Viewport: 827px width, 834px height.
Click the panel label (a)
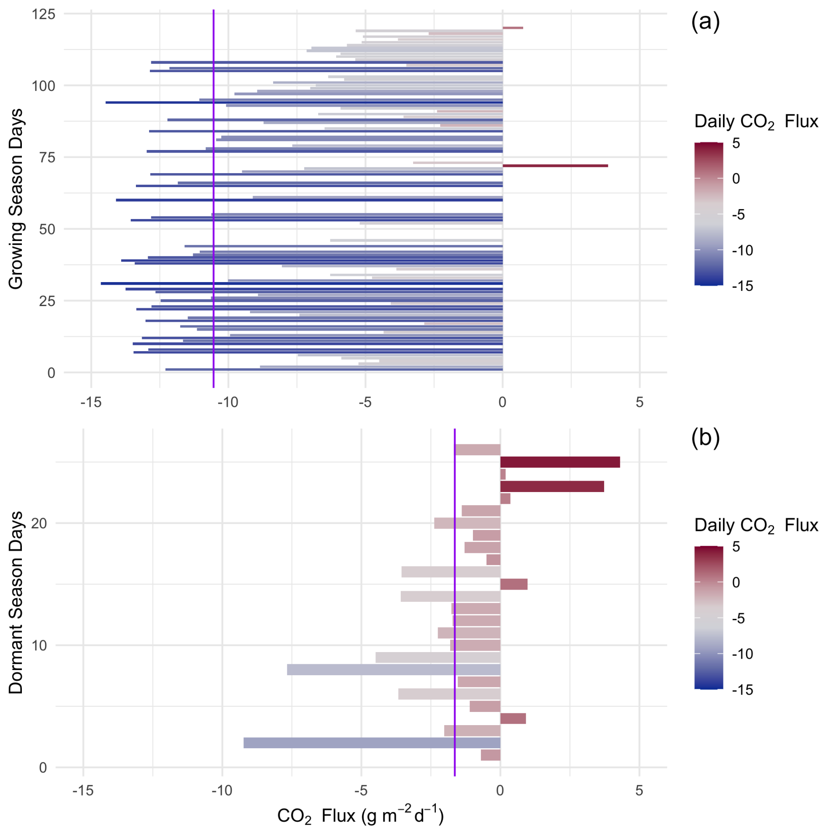[x=705, y=22]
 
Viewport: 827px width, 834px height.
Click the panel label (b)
[x=705, y=437]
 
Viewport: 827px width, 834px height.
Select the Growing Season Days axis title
[x=16, y=199]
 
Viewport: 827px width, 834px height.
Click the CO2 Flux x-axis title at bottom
[x=360, y=815]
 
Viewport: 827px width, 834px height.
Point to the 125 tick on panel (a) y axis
[x=44, y=14]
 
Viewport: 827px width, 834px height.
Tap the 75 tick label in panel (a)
[x=47, y=157]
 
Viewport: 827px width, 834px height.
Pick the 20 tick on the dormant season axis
[x=39, y=523]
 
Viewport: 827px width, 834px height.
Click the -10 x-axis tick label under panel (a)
[x=228, y=402]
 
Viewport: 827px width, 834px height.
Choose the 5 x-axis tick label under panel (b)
[x=639, y=790]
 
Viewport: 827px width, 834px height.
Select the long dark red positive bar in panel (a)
[x=555, y=166]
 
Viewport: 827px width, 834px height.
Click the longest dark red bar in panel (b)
[x=559, y=462]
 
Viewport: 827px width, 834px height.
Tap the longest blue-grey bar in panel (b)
[x=372, y=743]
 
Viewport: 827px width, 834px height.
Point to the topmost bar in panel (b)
[x=477, y=450]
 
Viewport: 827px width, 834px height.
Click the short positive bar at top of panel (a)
[x=512, y=28]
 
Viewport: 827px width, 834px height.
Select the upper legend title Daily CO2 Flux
[x=756, y=121]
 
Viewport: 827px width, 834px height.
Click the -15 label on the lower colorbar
[x=742, y=690]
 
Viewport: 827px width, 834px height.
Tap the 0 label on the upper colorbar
[x=736, y=178]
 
